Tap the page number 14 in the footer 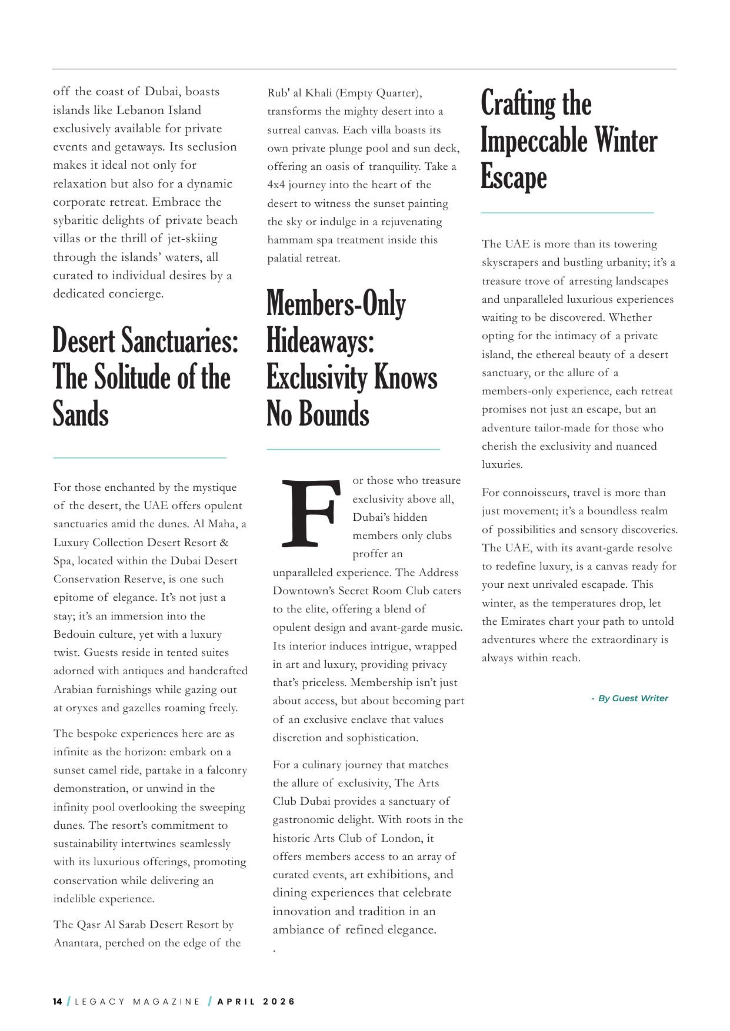pos(58,1002)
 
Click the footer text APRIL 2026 pos(256,1002)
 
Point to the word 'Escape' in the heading pos(514,177)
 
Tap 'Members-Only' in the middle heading pos(336,304)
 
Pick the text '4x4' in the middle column pos(276,185)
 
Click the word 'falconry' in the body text pos(226,770)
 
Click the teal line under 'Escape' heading pos(567,213)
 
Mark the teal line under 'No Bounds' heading pos(353,449)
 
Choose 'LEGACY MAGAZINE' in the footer pos(138,1002)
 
